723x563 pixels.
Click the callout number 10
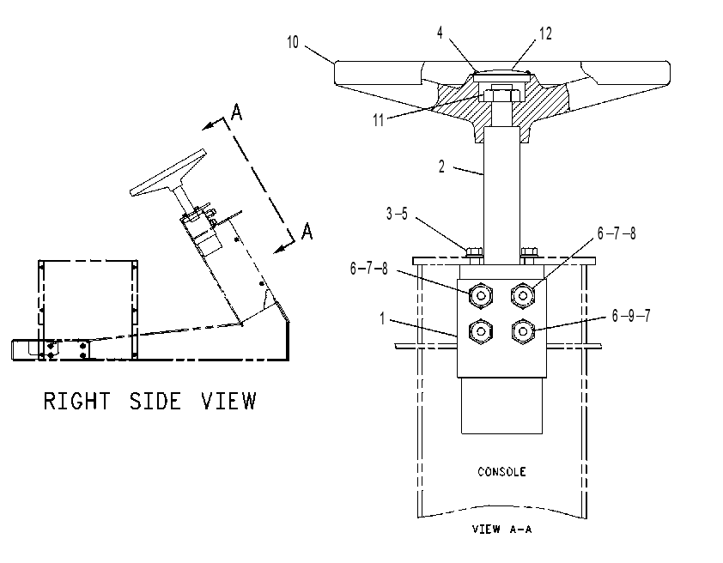(x=293, y=42)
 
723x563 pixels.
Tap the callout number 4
(x=440, y=33)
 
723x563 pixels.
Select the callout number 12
(x=545, y=33)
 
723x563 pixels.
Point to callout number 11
(x=378, y=120)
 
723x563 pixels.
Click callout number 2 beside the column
(x=441, y=166)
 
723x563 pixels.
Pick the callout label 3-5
(x=397, y=214)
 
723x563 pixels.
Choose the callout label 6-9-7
(x=631, y=316)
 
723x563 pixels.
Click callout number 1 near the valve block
(x=382, y=318)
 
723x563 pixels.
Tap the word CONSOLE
(x=501, y=472)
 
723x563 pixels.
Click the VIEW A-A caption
(x=502, y=529)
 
